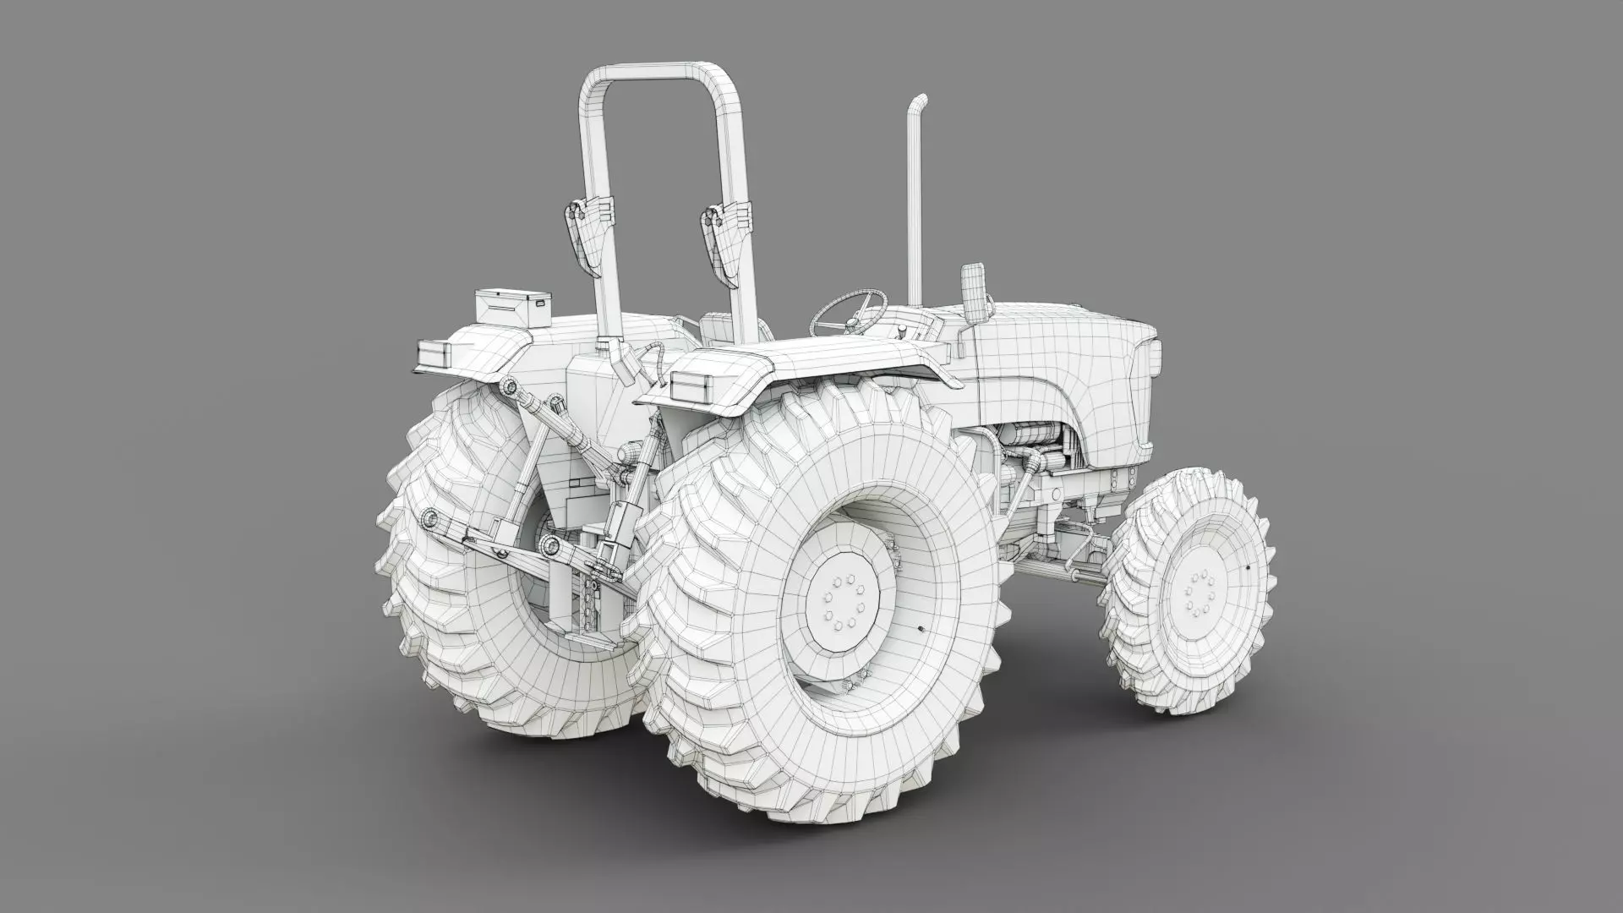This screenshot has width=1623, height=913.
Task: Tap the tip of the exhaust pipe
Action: pos(919,100)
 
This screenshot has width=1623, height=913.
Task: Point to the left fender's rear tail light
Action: pos(437,353)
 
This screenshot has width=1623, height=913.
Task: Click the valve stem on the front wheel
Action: pos(1248,567)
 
